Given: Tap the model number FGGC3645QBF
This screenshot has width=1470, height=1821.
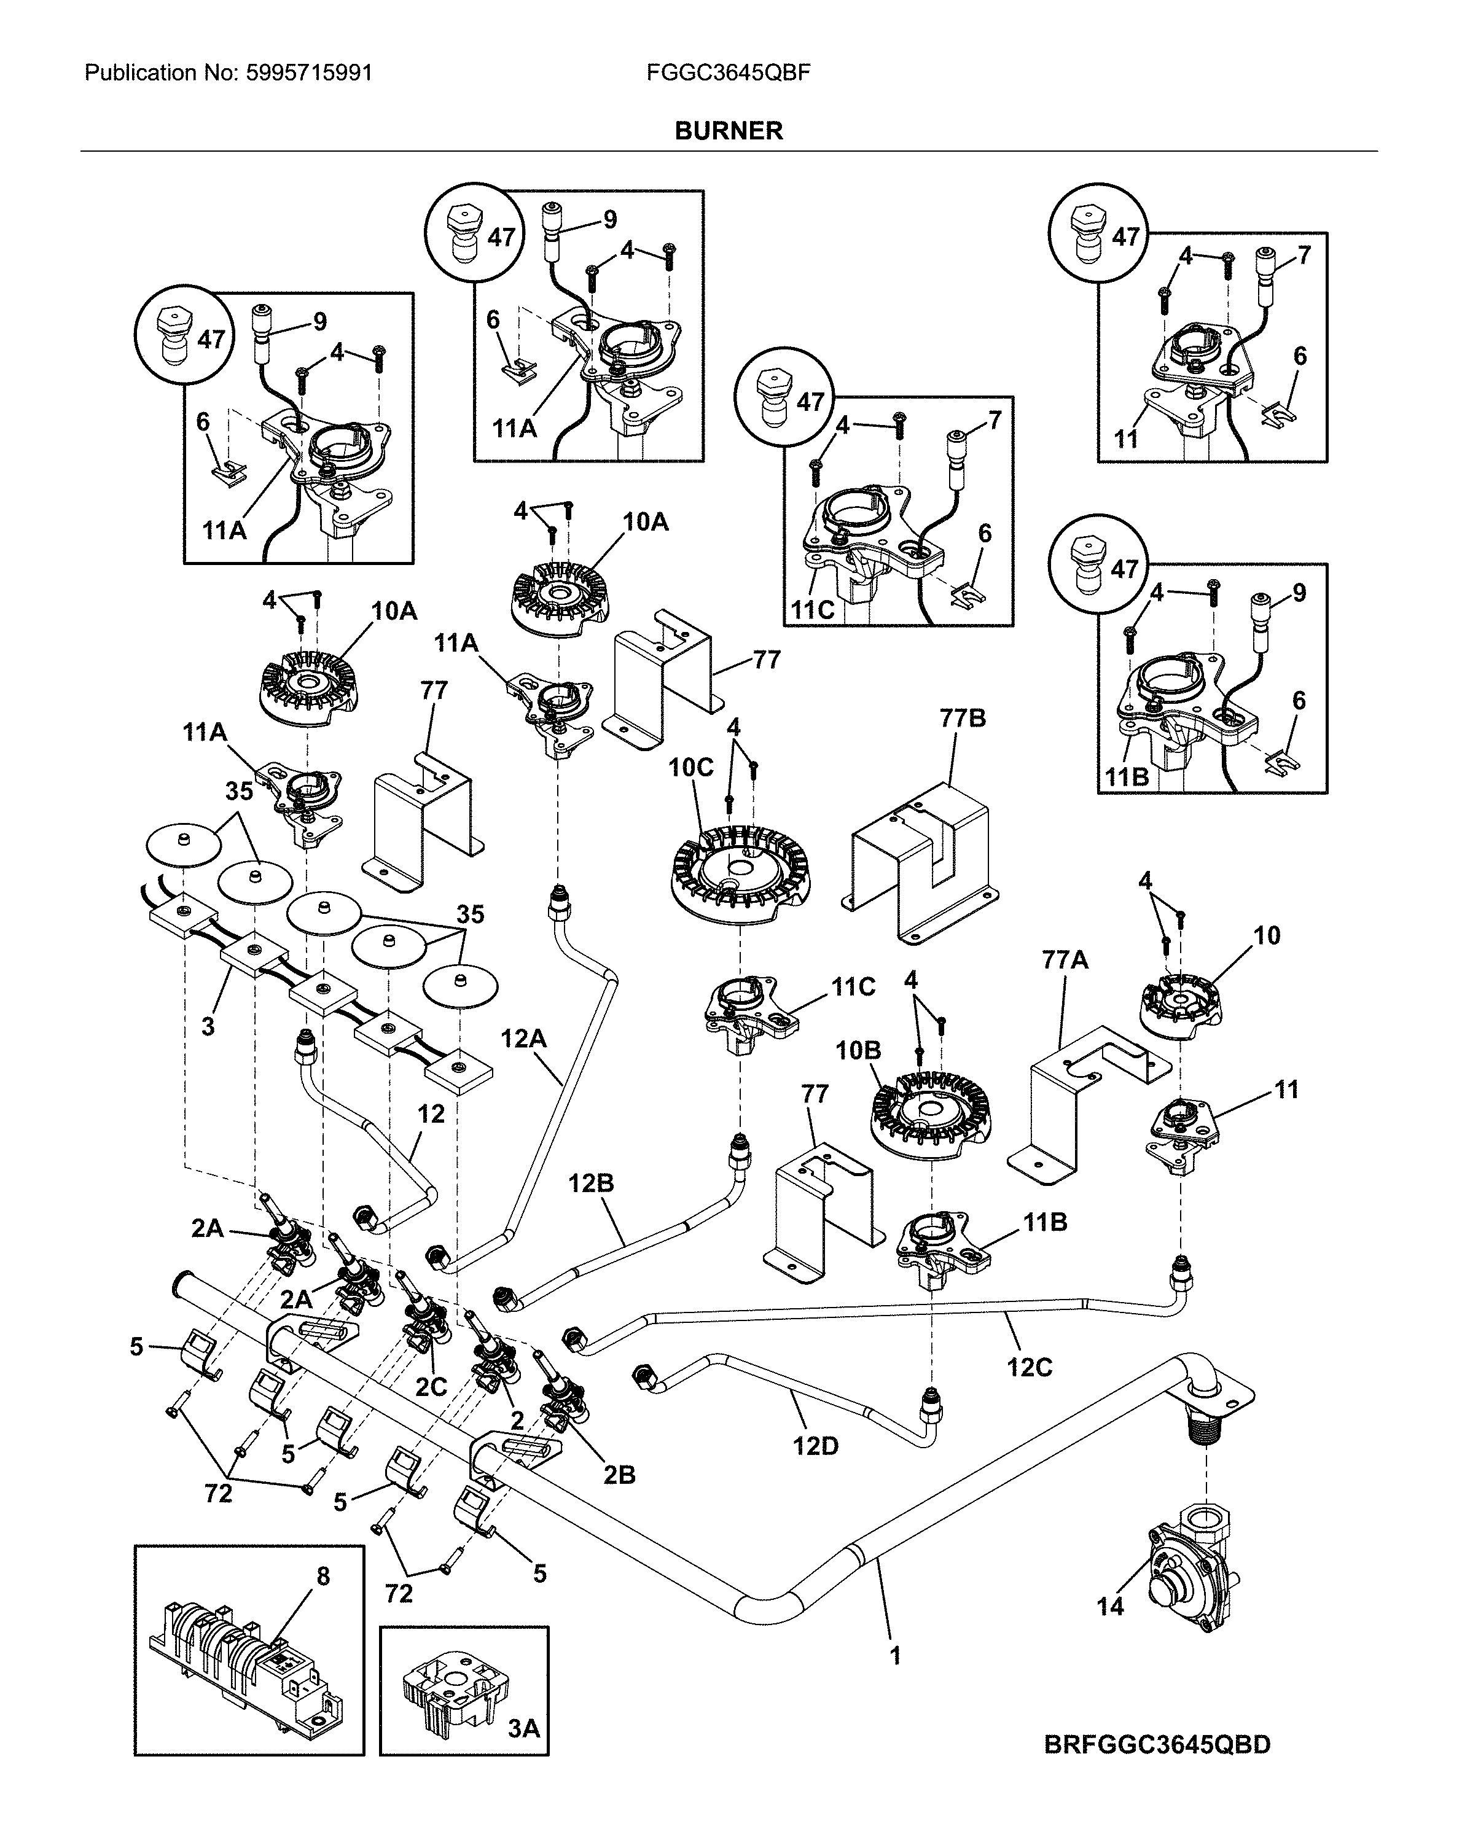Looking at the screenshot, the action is click(728, 73).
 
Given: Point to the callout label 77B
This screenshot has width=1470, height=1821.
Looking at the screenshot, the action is click(963, 719).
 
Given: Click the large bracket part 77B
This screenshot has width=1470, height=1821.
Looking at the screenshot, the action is click(923, 864).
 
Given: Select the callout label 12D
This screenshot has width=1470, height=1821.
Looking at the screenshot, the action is click(815, 1446).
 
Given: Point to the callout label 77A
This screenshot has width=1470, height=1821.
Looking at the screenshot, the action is click(1065, 960).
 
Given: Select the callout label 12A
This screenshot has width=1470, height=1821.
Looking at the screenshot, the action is click(523, 1038).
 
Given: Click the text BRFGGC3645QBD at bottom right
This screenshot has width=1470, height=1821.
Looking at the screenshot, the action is click(1157, 1745).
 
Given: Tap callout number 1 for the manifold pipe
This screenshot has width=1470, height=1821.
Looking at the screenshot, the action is click(896, 1655).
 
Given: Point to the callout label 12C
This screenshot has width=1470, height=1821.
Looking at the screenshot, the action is click(1029, 1368).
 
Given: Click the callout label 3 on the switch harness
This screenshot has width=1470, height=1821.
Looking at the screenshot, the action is click(208, 1026).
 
